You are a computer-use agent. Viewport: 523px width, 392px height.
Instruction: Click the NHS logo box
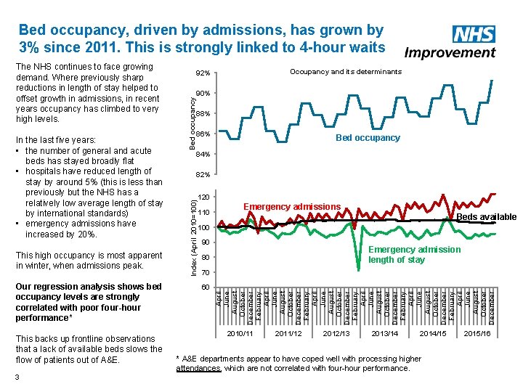tap(474, 34)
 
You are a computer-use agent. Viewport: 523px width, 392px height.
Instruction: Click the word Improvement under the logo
tap(450, 52)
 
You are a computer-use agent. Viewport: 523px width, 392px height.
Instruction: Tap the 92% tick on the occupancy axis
tap(203, 74)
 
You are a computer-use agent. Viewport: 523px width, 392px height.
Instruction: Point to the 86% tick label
tap(203, 134)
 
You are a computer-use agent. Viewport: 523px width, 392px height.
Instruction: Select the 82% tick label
tap(203, 175)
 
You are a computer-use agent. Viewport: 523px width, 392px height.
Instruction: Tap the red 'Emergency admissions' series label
tap(292, 208)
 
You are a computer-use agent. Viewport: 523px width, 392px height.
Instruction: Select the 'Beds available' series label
tap(486, 217)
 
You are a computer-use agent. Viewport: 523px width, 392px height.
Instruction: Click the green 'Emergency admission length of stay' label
tap(414, 254)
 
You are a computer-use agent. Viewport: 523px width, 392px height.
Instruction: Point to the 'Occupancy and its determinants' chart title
tap(345, 72)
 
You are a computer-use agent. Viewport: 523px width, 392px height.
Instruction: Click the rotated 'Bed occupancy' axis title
tap(192, 117)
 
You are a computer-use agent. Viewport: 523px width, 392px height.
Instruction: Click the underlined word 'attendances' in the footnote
tap(199, 369)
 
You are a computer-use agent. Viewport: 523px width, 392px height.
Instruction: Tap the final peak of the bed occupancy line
tap(493, 79)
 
